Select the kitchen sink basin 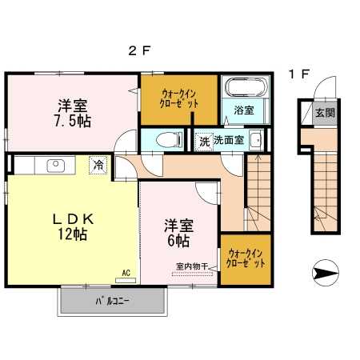tap(56, 166)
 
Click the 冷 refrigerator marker tap(98, 165)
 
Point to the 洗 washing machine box tap(204, 142)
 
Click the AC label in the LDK tap(126, 273)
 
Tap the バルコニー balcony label tap(112, 302)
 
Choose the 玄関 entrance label tap(325, 113)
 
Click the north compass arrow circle tap(326, 273)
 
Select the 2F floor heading tap(139, 50)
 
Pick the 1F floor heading tap(299, 74)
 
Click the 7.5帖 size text tap(73, 122)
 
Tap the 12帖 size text tap(73, 234)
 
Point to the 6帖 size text tap(178, 241)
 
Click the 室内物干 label tap(192, 266)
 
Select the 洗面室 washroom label tap(229, 140)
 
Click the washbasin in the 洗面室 tap(256, 139)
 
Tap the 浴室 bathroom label tap(244, 110)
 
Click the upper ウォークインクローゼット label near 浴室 tap(179, 99)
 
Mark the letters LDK tap(73, 219)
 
